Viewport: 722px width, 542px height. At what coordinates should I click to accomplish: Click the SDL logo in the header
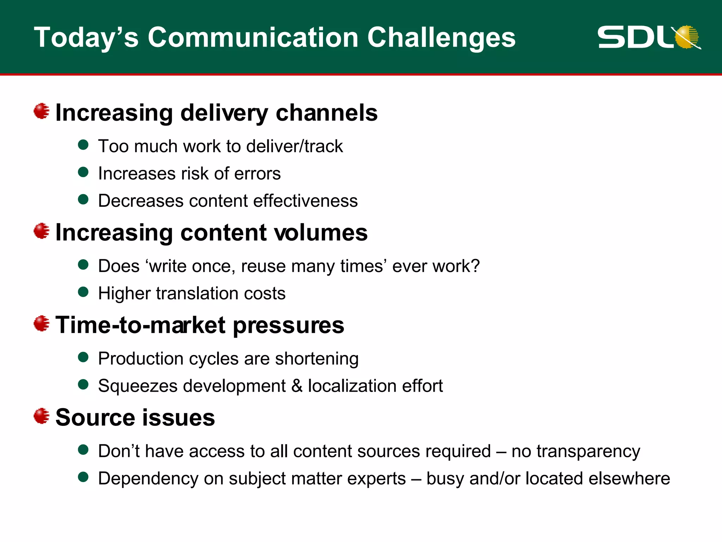649,37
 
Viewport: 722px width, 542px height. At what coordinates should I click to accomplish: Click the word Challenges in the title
441,38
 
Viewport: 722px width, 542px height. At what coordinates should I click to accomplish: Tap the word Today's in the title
86,38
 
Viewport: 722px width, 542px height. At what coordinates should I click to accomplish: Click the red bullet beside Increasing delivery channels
42,111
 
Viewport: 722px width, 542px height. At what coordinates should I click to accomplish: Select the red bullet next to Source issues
42,416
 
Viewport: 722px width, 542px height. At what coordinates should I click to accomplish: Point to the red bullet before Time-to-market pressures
42,324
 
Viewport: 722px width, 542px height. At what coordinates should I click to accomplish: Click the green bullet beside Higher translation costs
83,292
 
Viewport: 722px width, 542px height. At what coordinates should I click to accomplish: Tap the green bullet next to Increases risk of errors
83,172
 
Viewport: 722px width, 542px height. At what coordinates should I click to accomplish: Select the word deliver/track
294,146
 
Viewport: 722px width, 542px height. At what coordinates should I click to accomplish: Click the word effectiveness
305,201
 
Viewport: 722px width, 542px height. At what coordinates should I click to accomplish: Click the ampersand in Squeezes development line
297,386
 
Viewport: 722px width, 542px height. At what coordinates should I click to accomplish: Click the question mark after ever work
475,266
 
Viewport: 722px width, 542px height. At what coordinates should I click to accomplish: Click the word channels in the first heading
326,113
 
